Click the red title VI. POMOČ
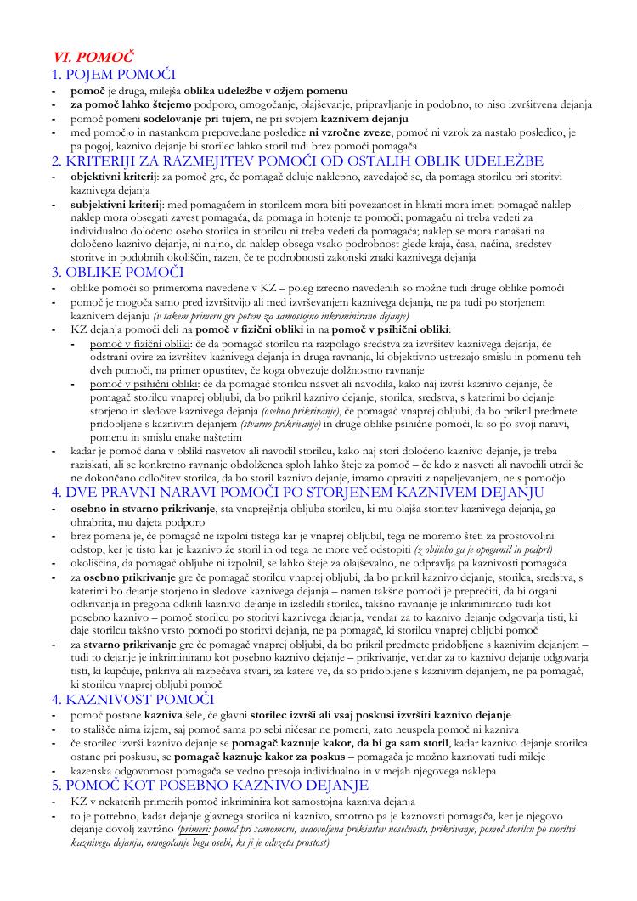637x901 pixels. [93, 58]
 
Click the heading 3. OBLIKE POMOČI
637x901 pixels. [118, 272]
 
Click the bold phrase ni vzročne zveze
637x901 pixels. [351, 132]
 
